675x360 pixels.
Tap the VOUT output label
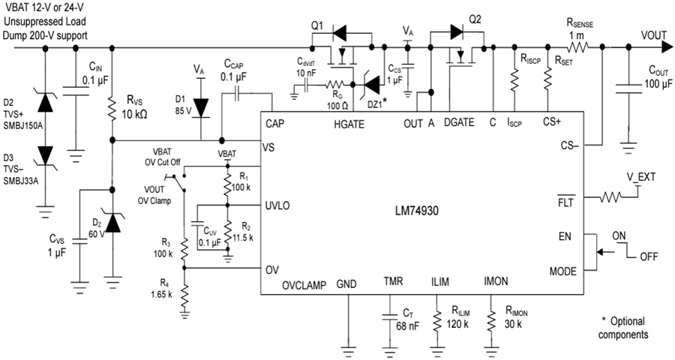[x=658, y=34]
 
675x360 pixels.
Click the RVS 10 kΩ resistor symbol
[x=112, y=109]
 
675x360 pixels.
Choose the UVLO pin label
[x=279, y=205]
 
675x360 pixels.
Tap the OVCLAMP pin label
[x=305, y=285]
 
